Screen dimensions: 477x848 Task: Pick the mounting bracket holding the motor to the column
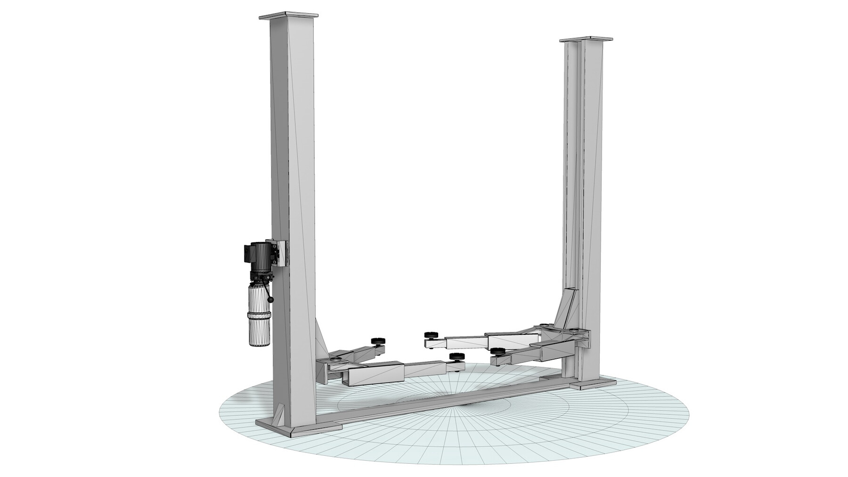tap(282, 253)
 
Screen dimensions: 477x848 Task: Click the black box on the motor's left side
tap(247, 254)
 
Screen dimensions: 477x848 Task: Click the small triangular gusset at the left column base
tap(281, 414)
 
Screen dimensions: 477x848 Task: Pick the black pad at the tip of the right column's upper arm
tap(430, 335)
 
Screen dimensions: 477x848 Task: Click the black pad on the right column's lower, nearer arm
tap(497, 351)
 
